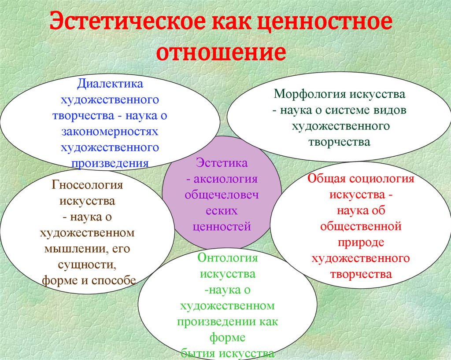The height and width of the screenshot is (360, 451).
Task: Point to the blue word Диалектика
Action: click(110, 84)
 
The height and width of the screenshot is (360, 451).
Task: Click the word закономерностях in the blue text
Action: click(110, 132)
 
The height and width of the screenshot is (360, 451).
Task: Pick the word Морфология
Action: click(310, 94)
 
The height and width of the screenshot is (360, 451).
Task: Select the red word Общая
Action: click(326, 179)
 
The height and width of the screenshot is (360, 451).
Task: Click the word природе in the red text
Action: click(361, 242)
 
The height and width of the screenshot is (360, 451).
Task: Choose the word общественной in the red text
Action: click(361, 227)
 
